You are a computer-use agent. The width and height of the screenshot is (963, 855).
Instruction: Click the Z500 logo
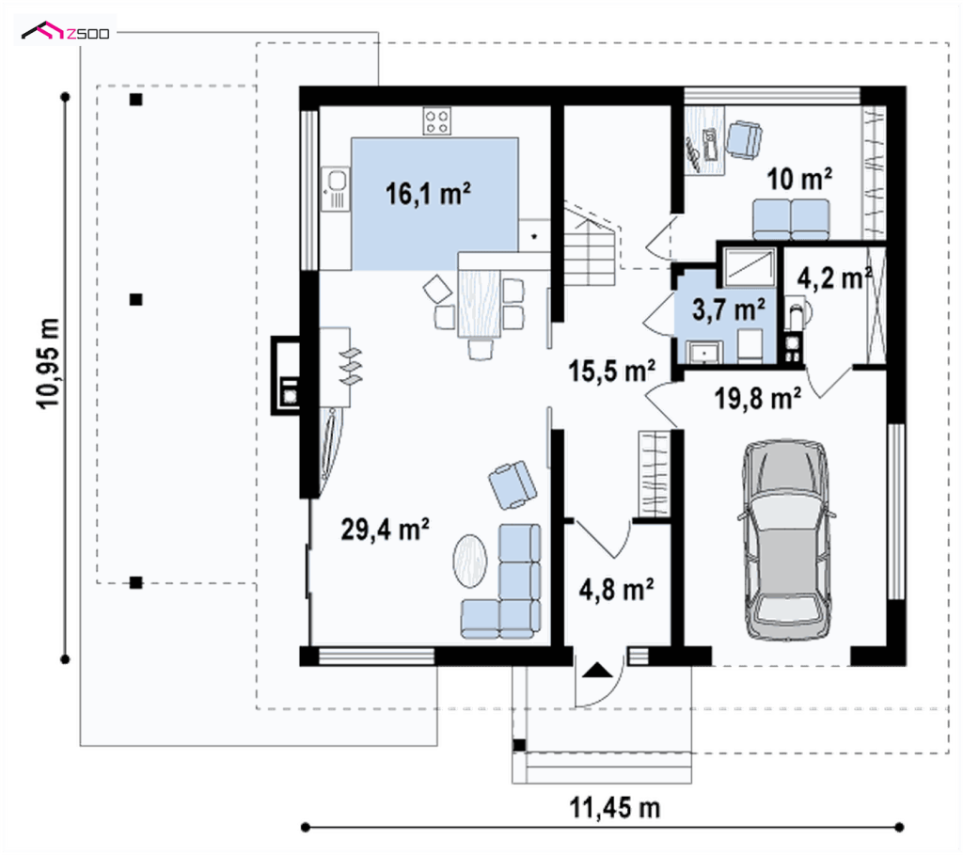(66, 31)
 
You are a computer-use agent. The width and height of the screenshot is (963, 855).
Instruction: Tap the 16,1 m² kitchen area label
(428, 194)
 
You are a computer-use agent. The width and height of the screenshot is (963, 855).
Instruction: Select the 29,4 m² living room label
(385, 530)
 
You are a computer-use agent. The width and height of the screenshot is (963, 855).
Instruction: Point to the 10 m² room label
(799, 179)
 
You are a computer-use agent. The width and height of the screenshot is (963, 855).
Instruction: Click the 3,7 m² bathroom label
(729, 309)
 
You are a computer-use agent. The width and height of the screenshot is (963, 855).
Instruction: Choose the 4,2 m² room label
(835, 278)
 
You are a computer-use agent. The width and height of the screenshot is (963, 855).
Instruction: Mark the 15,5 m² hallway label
(611, 371)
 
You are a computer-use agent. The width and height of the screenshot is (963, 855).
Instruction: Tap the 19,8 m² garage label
(757, 399)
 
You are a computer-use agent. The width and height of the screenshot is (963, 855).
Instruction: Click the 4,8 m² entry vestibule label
(616, 590)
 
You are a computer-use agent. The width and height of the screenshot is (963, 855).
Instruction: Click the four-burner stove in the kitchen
(436, 121)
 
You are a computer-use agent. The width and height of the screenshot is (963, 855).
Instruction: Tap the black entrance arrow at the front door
(597, 670)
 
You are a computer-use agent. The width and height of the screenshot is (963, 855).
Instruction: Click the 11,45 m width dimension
(615, 808)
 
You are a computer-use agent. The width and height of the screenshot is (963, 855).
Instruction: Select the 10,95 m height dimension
(49, 363)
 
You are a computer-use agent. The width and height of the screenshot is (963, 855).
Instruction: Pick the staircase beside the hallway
(590, 245)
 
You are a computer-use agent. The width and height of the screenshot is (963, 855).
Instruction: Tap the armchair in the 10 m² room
(744, 140)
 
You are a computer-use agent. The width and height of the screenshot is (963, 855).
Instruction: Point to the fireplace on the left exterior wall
(286, 375)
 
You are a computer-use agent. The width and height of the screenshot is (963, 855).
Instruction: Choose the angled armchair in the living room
(513, 484)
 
